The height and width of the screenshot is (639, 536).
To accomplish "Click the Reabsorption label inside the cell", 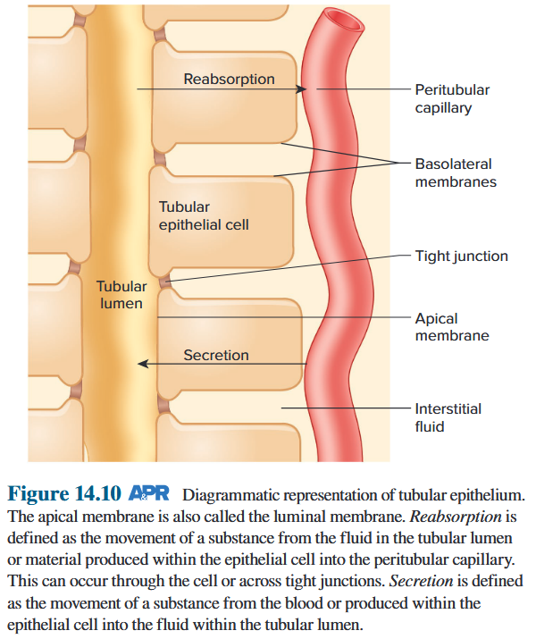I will [229, 80].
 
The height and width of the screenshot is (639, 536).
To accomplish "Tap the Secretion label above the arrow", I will [216, 355].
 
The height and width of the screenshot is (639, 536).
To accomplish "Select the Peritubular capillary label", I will [452, 98].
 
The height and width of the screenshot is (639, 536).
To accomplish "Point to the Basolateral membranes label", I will [456, 172].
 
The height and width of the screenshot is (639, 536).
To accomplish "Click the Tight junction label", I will [461, 256].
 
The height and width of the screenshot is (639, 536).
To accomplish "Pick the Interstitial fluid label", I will [448, 417].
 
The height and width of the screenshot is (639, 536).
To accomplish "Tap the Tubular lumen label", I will [121, 295].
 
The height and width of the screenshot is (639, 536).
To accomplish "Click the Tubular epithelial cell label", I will [204, 215].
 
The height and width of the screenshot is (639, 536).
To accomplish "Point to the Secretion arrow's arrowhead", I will [141, 364].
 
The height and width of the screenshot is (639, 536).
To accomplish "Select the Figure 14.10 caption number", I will [63, 494].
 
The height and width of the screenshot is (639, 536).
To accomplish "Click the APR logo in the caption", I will [149, 494].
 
